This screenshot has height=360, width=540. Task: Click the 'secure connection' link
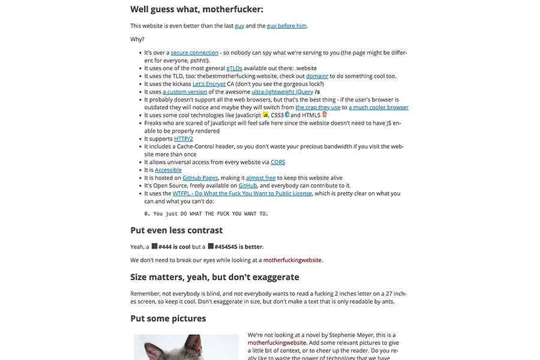[194, 53]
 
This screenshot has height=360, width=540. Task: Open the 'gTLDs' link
[235, 68]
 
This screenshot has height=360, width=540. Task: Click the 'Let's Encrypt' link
[209, 84]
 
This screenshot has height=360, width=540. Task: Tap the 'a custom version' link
[185, 92]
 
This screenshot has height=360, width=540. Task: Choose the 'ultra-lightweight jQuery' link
[282, 92]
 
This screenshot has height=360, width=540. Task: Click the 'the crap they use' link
[318, 107]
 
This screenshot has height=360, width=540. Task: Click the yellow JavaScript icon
[265, 115]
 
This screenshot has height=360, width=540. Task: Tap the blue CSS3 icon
[287, 114]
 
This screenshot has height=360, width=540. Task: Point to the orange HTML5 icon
[325, 114]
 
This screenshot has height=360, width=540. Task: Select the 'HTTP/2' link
[184, 139]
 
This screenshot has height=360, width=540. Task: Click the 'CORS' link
[278, 162]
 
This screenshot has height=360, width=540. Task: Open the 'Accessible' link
[168, 170]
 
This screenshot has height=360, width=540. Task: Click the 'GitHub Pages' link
[200, 178]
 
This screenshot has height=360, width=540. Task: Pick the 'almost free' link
[261, 178]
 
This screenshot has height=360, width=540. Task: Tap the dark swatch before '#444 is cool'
[154, 246]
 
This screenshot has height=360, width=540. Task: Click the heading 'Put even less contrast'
[176, 230]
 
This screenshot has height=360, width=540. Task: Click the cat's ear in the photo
[193, 344]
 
